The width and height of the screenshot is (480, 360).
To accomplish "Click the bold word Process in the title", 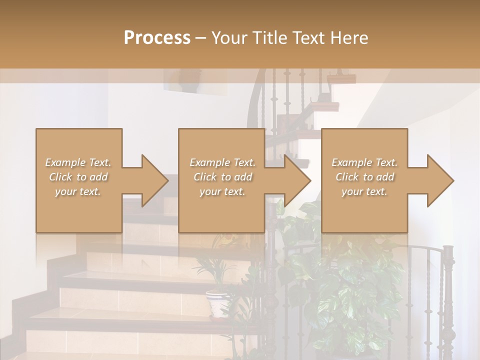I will pos(157,37).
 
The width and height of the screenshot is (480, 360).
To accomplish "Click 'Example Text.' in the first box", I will pos(78,162).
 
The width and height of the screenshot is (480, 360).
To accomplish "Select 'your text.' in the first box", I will pos(78,191).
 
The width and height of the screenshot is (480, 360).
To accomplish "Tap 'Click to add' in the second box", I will pos(222,177).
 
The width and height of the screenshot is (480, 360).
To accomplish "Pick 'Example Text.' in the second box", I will pos(222,162).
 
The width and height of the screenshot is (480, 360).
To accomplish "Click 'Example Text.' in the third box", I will pos(364,162).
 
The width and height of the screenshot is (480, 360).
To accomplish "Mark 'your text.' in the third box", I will pos(364,191).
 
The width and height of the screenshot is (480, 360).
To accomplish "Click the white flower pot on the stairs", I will pos(218,304).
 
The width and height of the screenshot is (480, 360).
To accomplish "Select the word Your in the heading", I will pos(229,37).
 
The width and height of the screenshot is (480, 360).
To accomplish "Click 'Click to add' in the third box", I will pos(364,177).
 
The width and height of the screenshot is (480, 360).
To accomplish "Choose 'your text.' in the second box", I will pos(222,191).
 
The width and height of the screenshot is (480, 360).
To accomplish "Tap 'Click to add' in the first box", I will pos(78,177).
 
